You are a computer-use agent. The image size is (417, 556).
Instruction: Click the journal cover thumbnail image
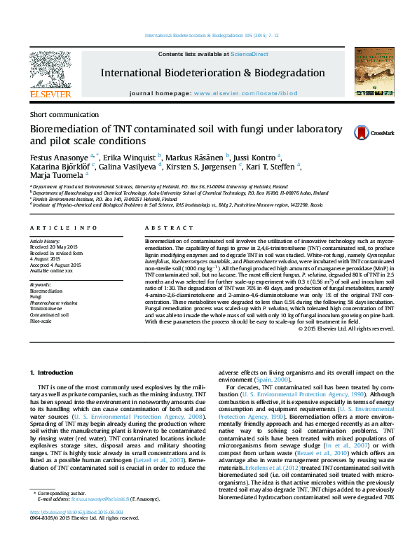(374, 71)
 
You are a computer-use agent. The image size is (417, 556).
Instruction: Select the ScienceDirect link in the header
(249, 54)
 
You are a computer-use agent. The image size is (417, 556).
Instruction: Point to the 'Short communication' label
(64, 114)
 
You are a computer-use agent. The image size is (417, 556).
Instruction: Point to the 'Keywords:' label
(41, 286)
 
